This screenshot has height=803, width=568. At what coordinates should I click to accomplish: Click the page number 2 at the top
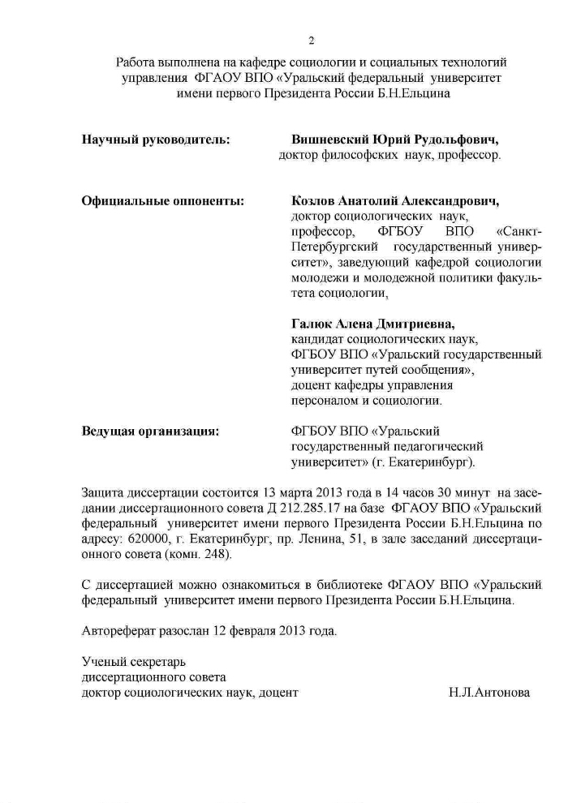coord(311,41)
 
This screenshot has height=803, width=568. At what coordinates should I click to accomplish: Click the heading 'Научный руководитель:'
coord(156,140)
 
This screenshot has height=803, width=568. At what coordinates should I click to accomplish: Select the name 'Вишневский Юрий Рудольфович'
coord(394,140)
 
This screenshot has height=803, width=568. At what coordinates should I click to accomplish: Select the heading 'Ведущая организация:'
coord(151,431)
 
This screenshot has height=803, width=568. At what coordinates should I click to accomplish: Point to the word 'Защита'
coord(101,492)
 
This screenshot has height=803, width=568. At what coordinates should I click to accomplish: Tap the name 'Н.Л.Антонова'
coord(488,692)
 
